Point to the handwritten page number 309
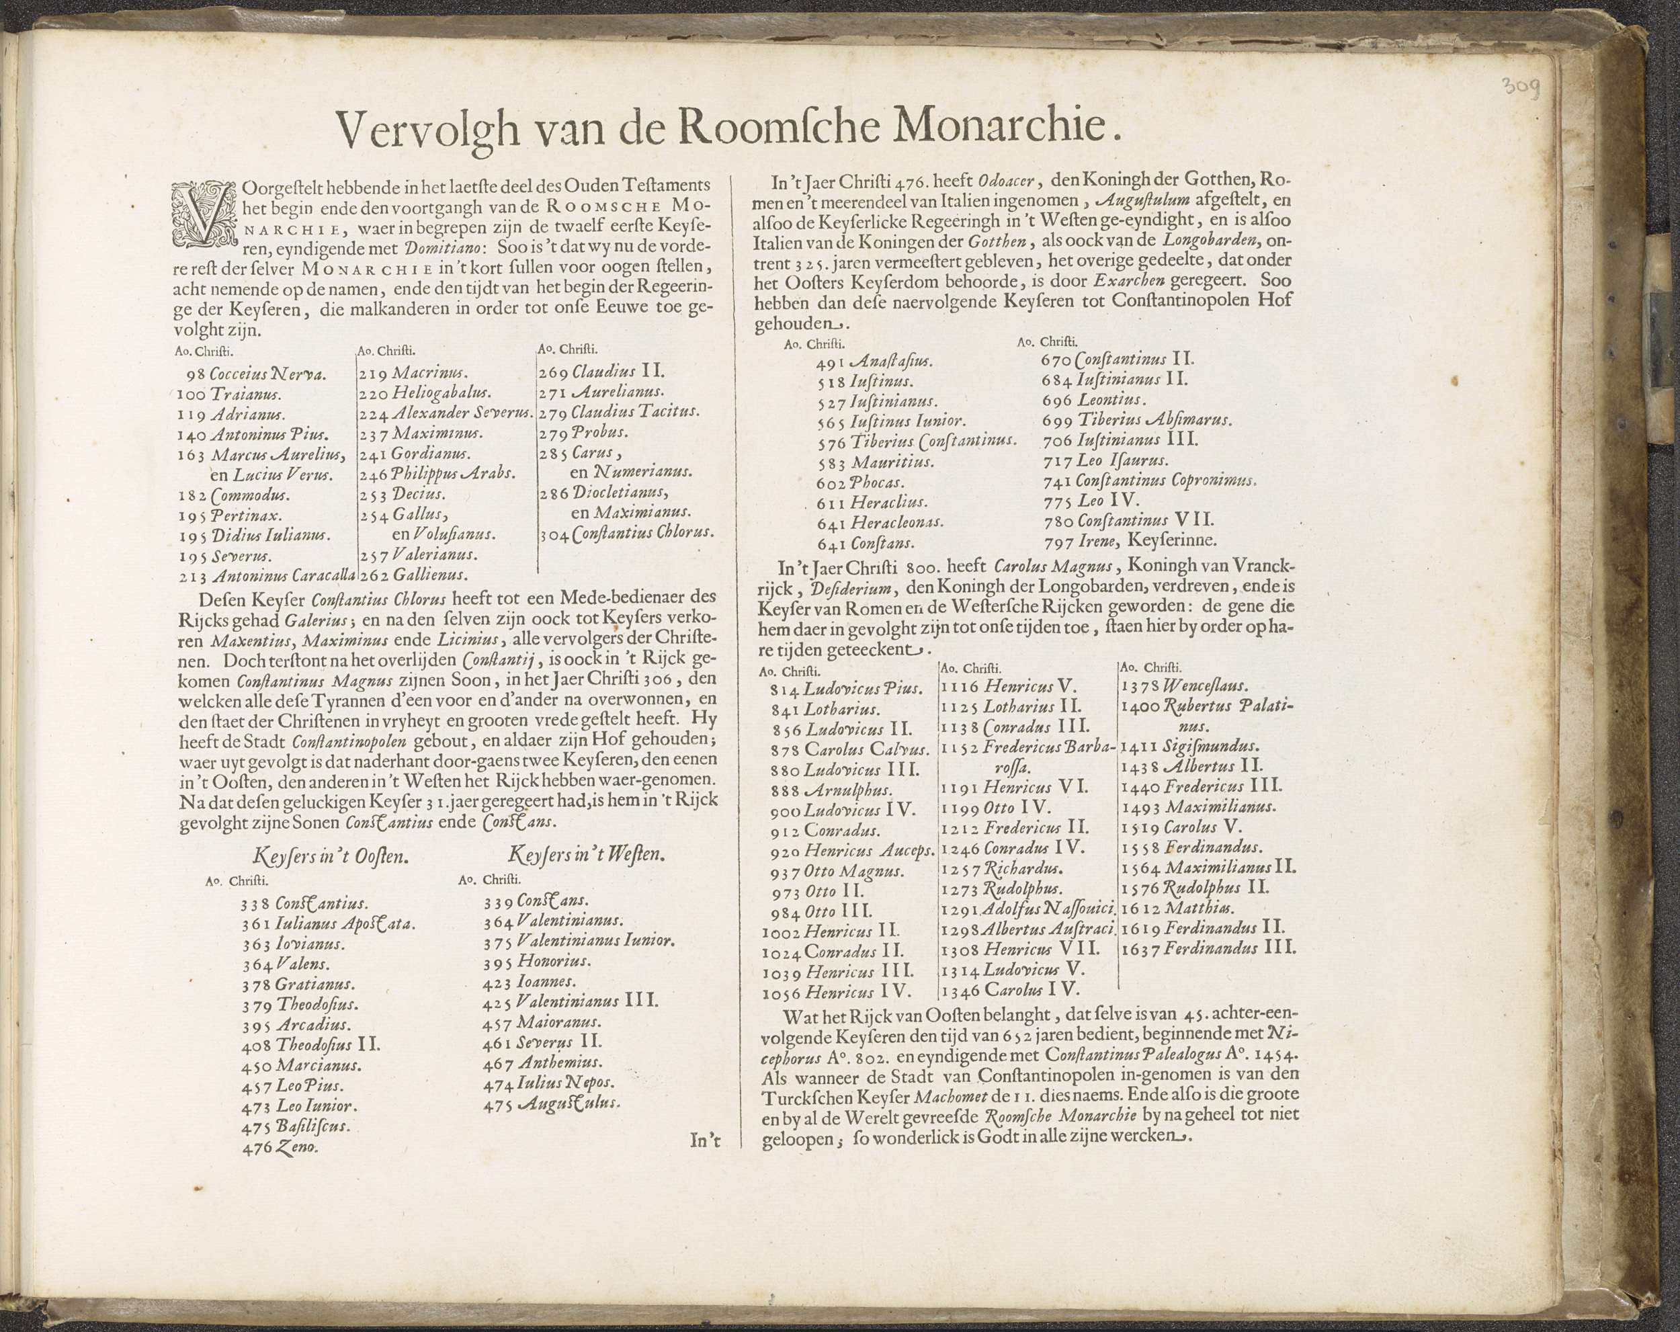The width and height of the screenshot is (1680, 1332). point(1520,88)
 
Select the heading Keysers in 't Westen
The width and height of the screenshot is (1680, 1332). point(587,855)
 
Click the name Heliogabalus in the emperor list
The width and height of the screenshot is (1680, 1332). point(441,393)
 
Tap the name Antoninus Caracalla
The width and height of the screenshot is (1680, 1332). point(283,577)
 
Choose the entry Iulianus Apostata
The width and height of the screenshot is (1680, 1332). point(345,924)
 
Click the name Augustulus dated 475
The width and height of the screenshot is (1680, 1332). point(567,1103)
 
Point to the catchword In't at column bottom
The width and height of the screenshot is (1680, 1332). point(705,1140)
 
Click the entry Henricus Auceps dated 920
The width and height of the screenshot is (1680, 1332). point(869,851)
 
